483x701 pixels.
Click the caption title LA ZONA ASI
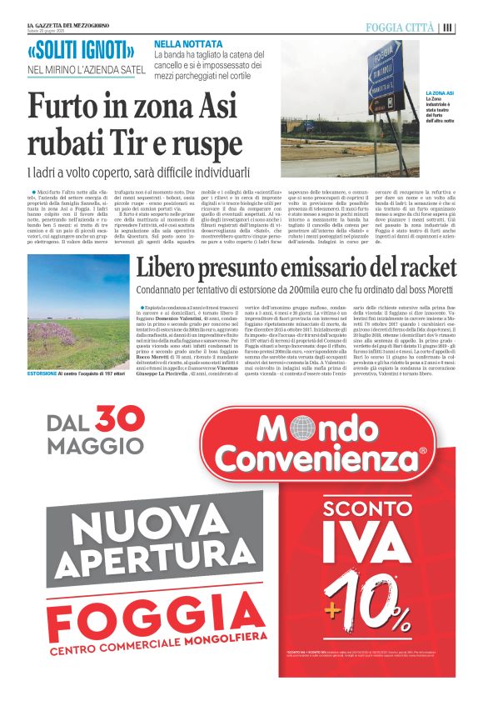439,93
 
